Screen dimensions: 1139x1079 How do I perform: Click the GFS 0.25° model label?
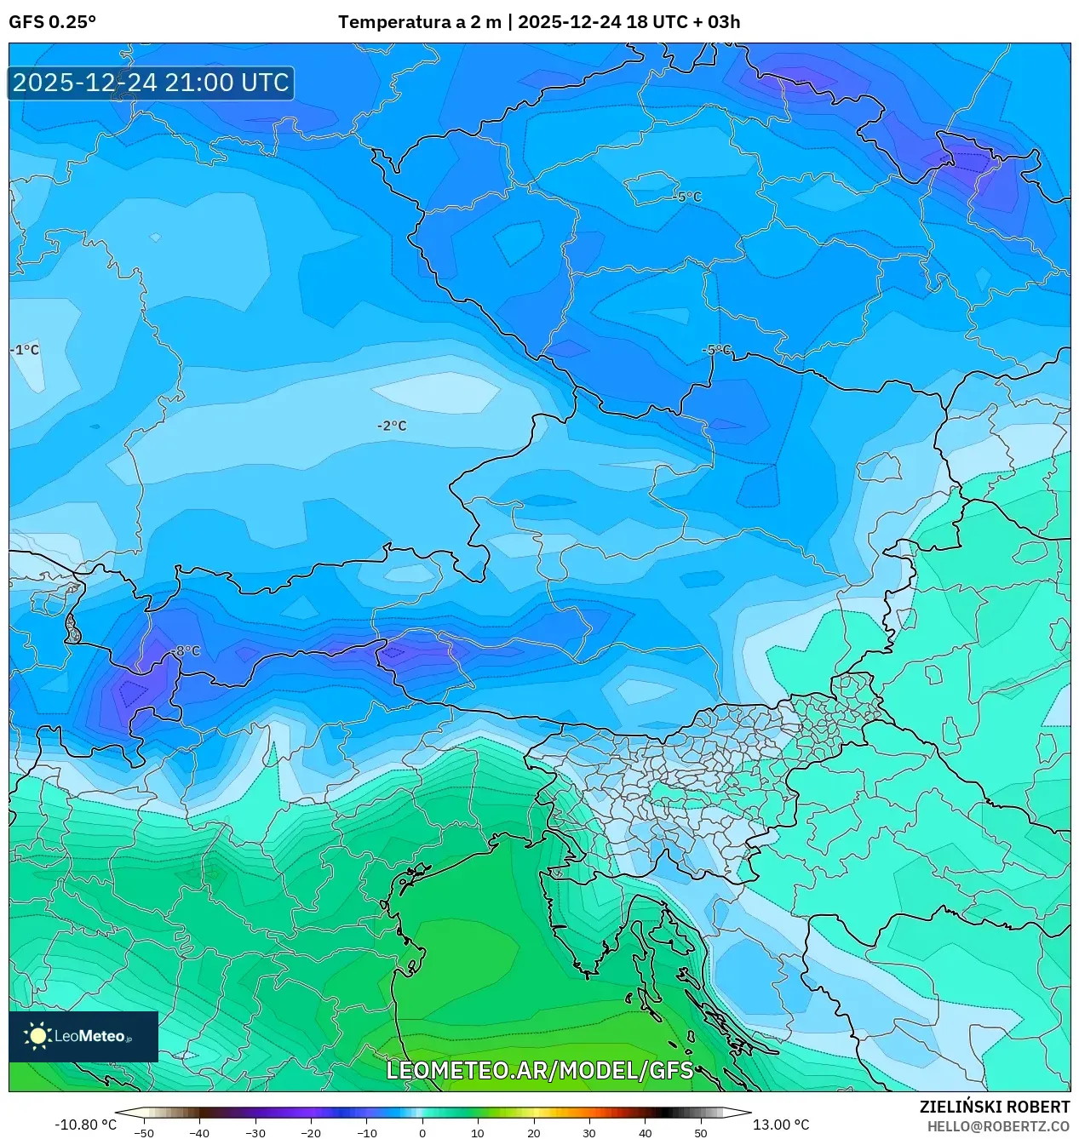pos(52,22)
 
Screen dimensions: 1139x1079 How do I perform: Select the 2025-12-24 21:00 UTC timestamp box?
pos(151,83)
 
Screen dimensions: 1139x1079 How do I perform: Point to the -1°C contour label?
pos(25,350)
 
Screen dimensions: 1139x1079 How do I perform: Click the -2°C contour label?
pos(392,426)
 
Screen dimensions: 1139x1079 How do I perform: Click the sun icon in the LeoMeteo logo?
pos(37,1036)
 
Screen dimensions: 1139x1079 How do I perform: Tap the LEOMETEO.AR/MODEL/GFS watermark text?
pos(539,1070)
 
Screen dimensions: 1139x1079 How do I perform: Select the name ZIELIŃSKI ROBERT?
pos(994,1107)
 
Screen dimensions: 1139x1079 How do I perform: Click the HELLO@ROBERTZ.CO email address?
pos(998,1126)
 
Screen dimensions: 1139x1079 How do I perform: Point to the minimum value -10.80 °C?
pos(85,1125)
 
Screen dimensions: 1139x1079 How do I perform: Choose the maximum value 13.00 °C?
pos(780,1125)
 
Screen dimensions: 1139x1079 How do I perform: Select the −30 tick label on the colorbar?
pos(255,1133)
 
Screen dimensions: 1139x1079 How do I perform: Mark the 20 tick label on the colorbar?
pos(534,1133)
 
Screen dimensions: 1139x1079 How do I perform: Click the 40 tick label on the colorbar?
pos(646,1133)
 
